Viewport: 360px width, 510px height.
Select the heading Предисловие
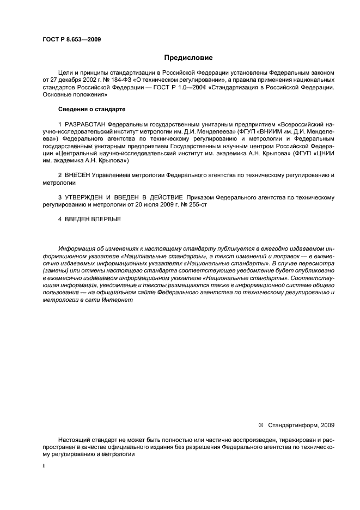tap(188, 57)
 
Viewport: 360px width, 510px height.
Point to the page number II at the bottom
tap(44, 466)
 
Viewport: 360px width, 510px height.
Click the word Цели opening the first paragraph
tap(65, 72)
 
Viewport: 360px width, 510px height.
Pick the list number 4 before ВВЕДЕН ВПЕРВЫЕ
tap(60, 219)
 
